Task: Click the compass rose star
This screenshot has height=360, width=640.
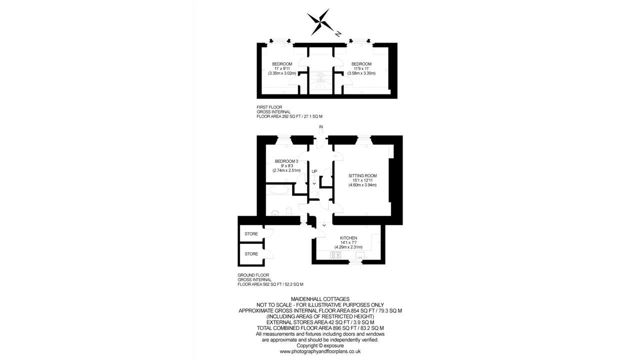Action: pyautogui.click(x=320, y=22)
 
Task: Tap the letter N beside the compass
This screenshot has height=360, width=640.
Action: pyautogui.click(x=338, y=33)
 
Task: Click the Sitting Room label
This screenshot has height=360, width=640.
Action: pyautogui.click(x=362, y=175)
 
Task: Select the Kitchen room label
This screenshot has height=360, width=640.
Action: pyautogui.click(x=348, y=238)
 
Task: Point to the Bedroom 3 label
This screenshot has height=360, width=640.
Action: pyautogui.click(x=286, y=161)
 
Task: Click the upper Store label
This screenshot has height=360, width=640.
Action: pyautogui.click(x=251, y=233)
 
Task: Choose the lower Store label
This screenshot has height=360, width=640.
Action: pyautogui.click(x=251, y=253)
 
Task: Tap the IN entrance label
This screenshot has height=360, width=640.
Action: pyautogui.click(x=320, y=127)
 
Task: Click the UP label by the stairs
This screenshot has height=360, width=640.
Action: pyautogui.click(x=314, y=171)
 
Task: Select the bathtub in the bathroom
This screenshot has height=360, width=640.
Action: pyautogui.click(x=278, y=189)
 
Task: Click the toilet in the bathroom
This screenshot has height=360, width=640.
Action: pyautogui.click(x=289, y=211)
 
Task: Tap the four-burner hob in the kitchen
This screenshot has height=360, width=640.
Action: pyautogui.click(x=335, y=255)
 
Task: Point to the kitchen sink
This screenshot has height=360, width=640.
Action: pyautogui.click(x=359, y=255)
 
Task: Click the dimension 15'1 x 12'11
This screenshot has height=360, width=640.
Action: pyautogui.click(x=362, y=180)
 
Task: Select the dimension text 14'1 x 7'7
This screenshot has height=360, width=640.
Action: pyautogui.click(x=348, y=242)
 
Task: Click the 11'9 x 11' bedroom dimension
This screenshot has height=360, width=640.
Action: pyautogui.click(x=361, y=68)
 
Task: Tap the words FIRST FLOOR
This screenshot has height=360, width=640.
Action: pyautogui.click(x=269, y=107)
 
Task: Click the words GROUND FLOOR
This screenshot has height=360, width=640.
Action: pyautogui.click(x=253, y=275)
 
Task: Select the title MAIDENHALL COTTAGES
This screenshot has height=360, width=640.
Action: pyautogui.click(x=320, y=299)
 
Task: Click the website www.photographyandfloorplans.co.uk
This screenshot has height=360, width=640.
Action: pyautogui.click(x=320, y=351)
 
